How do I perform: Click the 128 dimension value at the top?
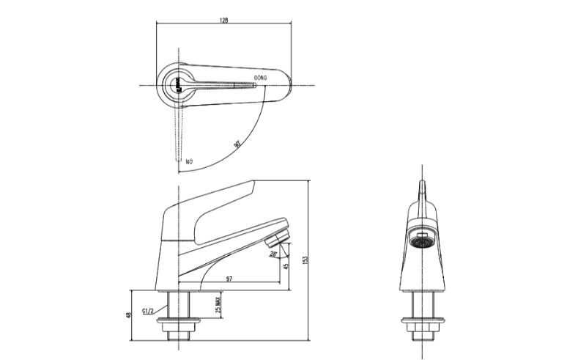coord(223,21)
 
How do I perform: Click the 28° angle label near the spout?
coord(273,254)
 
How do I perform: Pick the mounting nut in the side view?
coord(179,322)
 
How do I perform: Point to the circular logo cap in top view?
coord(176,85)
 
